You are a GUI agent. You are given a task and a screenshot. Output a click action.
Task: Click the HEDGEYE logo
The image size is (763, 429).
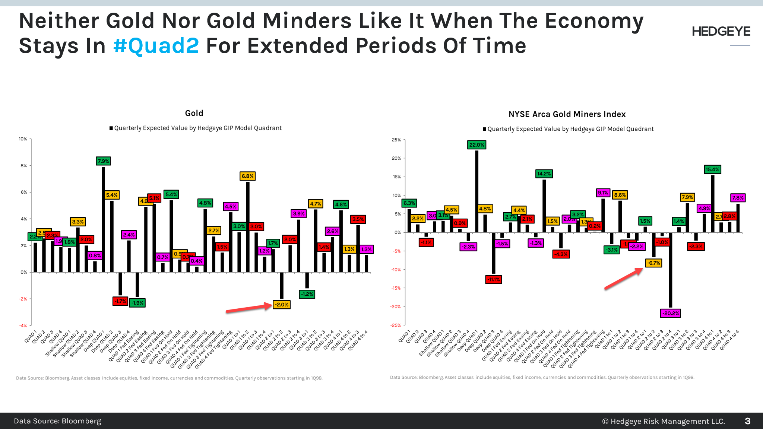click(x=721, y=32)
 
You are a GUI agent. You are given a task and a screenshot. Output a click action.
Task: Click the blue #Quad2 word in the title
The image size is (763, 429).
click(x=156, y=46)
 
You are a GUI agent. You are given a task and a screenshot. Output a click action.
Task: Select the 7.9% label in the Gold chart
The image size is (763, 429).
click(x=103, y=161)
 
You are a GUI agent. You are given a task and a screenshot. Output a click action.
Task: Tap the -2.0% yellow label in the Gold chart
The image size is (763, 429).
click(x=281, y=305)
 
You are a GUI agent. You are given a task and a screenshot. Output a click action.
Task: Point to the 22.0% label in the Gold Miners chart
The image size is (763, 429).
click(x=477, y=145)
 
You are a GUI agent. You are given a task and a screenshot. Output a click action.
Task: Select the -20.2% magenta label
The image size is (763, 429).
click(x=670, y=313)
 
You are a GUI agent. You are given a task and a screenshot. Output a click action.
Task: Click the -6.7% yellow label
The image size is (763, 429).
click(x=653, y=263)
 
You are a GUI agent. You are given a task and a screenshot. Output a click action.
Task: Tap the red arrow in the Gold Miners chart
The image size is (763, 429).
click(x=623, y=279)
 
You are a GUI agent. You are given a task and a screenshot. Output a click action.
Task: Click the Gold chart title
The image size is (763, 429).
click(x=194, y=113)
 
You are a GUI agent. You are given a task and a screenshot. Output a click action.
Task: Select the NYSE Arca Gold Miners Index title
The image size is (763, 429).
click(x=567, y=114)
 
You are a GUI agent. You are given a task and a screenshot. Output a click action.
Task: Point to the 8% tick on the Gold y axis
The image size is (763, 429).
click(x=23, y=166)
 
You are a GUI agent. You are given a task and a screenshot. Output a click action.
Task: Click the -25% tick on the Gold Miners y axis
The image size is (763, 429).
click(x=396, y=325)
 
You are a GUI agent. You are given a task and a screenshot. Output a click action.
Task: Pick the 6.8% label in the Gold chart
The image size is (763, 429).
click(x=247, y=176)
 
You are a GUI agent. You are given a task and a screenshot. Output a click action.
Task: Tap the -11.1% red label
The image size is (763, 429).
click(x=494, y=279)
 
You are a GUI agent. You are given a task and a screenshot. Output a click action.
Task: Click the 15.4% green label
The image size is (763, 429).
click(x=712, y=169)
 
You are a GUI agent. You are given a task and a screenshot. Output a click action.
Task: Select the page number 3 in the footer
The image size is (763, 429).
click(x=747, y=421)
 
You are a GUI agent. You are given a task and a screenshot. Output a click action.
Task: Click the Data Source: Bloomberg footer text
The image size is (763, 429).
click(x=57, y=421)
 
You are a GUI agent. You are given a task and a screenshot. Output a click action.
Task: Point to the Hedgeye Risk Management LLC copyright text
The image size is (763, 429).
click(x=664, y=421)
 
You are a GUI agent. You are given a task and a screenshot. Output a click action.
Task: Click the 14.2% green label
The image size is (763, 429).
click(x=544, y=174)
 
